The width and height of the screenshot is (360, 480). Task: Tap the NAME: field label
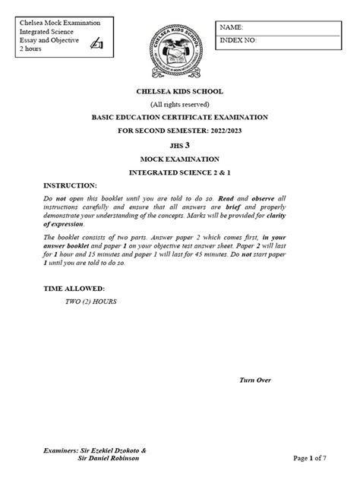(x=232, y=27)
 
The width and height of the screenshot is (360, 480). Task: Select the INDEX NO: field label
(x=239, y=39)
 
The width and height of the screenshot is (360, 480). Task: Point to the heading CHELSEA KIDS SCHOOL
(x=180, y=91)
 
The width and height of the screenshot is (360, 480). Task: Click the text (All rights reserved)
(x=180, y=104)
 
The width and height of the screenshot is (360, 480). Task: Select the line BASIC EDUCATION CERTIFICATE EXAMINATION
(x=180, y=118)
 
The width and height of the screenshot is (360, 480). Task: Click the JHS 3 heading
(x=180, y=145)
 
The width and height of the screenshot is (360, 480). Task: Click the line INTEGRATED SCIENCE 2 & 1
(x=180, y=172)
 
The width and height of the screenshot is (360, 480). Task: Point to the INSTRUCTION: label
(x=71, y=185)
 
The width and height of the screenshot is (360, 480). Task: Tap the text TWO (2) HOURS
(x=91, y=302)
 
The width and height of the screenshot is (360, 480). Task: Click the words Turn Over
(x=254, y=380)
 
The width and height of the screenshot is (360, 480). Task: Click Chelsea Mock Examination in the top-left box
(x=60, y=23)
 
